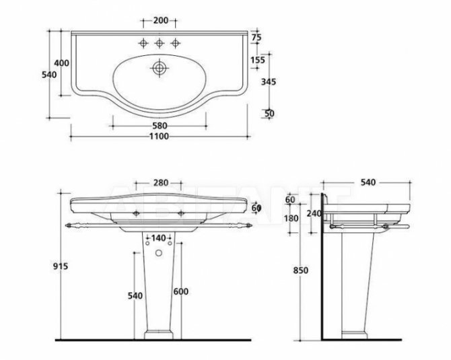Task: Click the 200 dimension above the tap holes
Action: [x=160, y=21]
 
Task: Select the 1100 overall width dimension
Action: [x=160, y=136]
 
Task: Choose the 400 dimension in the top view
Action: [x=62, y=63]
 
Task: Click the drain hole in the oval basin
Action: [x=160, y=68]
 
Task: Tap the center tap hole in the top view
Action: [x=160, y=44]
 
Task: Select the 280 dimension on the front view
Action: [x=160, y=183]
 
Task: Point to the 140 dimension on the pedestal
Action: [x=160, y=238]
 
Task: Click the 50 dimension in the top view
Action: [x=269, y=113]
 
